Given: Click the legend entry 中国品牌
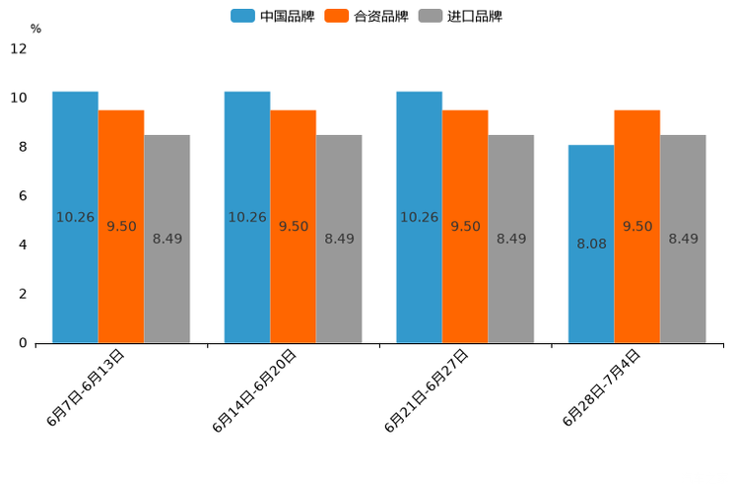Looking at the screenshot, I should (273, 16).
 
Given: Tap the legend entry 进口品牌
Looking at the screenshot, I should (460, 16).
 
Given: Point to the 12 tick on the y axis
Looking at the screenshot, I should (19, 48).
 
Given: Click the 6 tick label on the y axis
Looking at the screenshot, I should (23, 196).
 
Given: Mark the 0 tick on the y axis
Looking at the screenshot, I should (23, 343).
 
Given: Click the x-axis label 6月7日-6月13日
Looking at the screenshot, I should (86, 387).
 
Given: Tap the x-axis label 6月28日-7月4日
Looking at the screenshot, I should (602, 387).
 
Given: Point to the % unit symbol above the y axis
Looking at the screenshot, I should (35, 30).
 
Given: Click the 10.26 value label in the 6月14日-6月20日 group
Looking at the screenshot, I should (247, 217).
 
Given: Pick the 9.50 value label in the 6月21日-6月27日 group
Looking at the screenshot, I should (465, 227).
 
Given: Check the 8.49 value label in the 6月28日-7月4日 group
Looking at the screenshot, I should (683, 239).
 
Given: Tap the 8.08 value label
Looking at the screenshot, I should (591, 244).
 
